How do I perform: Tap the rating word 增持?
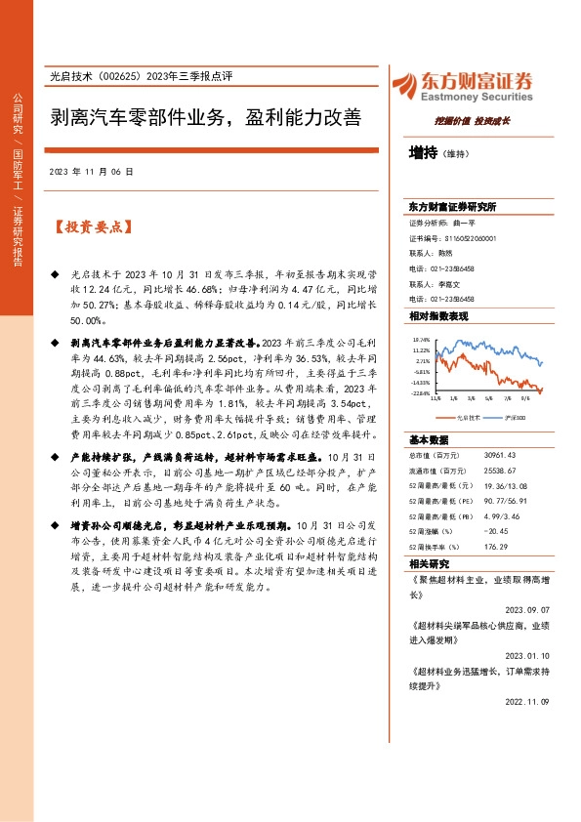coord(424,152)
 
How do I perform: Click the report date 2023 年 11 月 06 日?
coord(90,171)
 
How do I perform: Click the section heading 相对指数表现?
coord(438,317)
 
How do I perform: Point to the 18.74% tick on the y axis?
coord(421,340)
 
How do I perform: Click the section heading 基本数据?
coord(429,439)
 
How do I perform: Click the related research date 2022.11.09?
coord(531,700)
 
